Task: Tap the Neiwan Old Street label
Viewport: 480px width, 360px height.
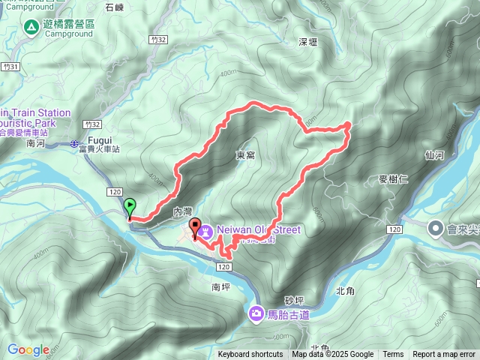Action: point(259,229)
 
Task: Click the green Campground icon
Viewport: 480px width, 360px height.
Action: point(31,28)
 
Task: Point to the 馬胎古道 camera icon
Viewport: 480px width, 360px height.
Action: point(256,313)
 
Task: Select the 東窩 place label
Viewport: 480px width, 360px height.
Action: point(245,155)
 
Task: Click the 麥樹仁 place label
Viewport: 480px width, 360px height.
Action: point(394,179)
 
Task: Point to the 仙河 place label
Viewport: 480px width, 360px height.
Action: point(434,155)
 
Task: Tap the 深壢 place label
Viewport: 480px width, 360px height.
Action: point(309,42)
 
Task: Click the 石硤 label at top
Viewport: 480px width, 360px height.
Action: point(115,7)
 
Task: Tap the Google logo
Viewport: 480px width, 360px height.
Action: point(28,349)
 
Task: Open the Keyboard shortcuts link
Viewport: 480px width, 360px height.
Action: point(250,355)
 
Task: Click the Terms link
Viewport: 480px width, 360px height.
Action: point(392,355)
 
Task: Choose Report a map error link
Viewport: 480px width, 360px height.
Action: point(444,355)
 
